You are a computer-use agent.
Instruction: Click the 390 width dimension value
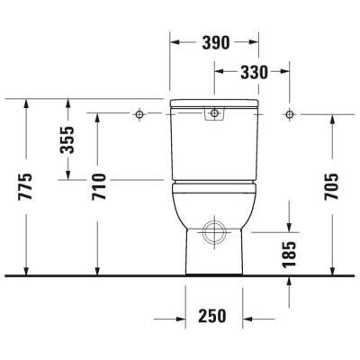tap(215, 42)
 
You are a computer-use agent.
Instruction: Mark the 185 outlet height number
tap(289, 247)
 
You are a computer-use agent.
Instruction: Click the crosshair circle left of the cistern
tap(140, 114)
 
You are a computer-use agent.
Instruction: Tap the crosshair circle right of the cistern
tap(289, 114)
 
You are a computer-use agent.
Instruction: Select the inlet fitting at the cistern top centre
tap(215, 113)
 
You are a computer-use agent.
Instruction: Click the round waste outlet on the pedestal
tap(214, 231)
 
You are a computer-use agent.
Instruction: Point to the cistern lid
tap(215, 103)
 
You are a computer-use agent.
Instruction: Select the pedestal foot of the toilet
tap(214, 256)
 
